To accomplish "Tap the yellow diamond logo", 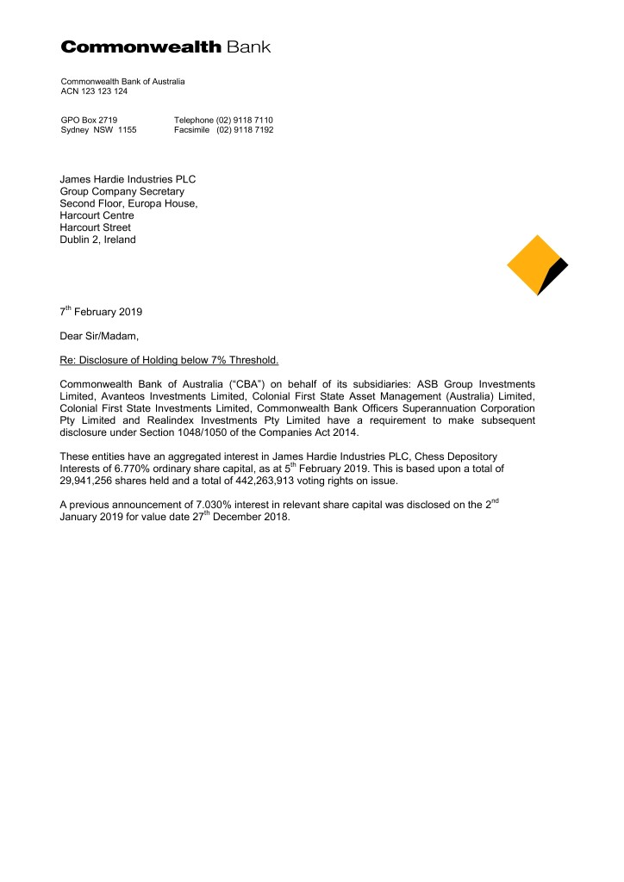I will coord(534,262).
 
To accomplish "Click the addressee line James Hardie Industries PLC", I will coord(128,180).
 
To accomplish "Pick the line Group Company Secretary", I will coord(122,192).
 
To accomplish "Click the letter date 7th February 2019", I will coord(101,311).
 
